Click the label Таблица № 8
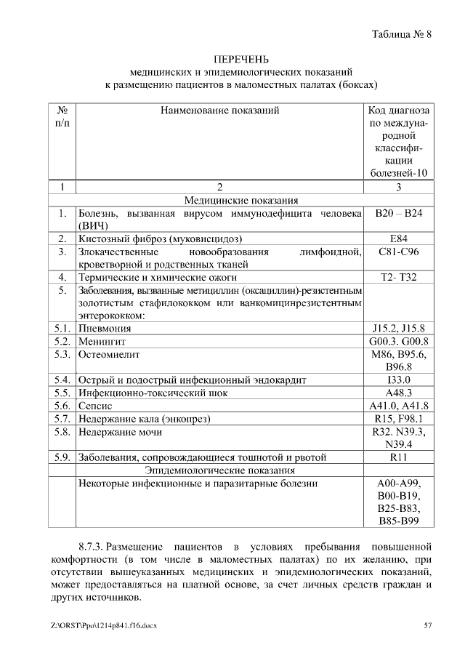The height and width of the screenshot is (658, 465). click(402, 34)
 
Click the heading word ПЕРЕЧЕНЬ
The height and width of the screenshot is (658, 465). click(240, 59)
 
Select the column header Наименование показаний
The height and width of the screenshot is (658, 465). click(222, 111)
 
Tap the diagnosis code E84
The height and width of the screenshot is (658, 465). click(399, 238)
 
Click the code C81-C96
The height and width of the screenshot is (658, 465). click(399, 252)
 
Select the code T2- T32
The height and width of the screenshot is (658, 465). click(399, 277)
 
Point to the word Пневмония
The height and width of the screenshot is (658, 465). click(105, 328)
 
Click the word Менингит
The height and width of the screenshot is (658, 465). click(102, 341)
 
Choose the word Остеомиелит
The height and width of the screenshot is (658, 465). click(108, 354)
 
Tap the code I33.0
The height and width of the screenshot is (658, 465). click(399, 380)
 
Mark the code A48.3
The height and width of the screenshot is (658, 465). click(399, 393)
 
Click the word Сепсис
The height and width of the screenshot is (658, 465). click(94, 406)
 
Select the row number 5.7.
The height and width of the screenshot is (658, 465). click(62, 419)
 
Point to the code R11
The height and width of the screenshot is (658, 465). click(399, 457)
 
